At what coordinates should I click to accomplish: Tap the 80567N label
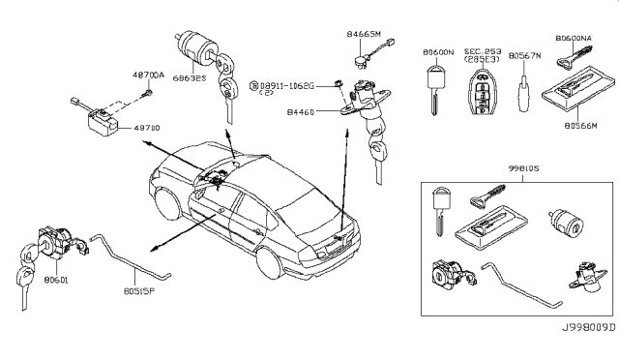coord(525,54)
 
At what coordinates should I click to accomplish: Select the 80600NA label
coord(575,38)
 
